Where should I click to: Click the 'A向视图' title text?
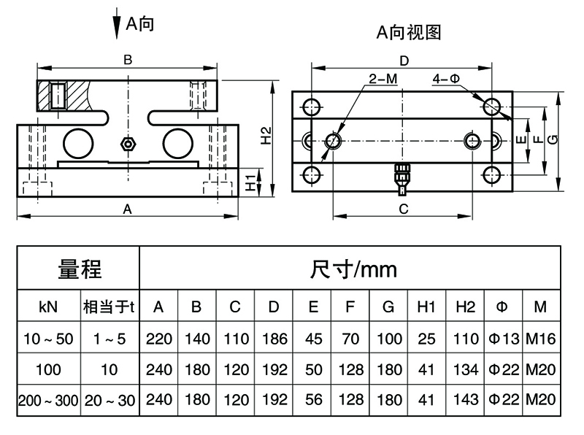click(409, 31)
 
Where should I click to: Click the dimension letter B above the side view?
click(127, 59)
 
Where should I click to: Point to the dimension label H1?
click(250, 183)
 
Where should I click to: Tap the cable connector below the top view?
click(401, 177)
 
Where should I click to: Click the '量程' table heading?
click(80, 269)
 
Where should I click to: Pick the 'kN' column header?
click(48, 307)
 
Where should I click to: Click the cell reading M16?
click(540, 339)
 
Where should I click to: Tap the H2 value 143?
click(465, 399)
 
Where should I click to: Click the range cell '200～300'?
click(48, 400)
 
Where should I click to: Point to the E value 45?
click(313, 339)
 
